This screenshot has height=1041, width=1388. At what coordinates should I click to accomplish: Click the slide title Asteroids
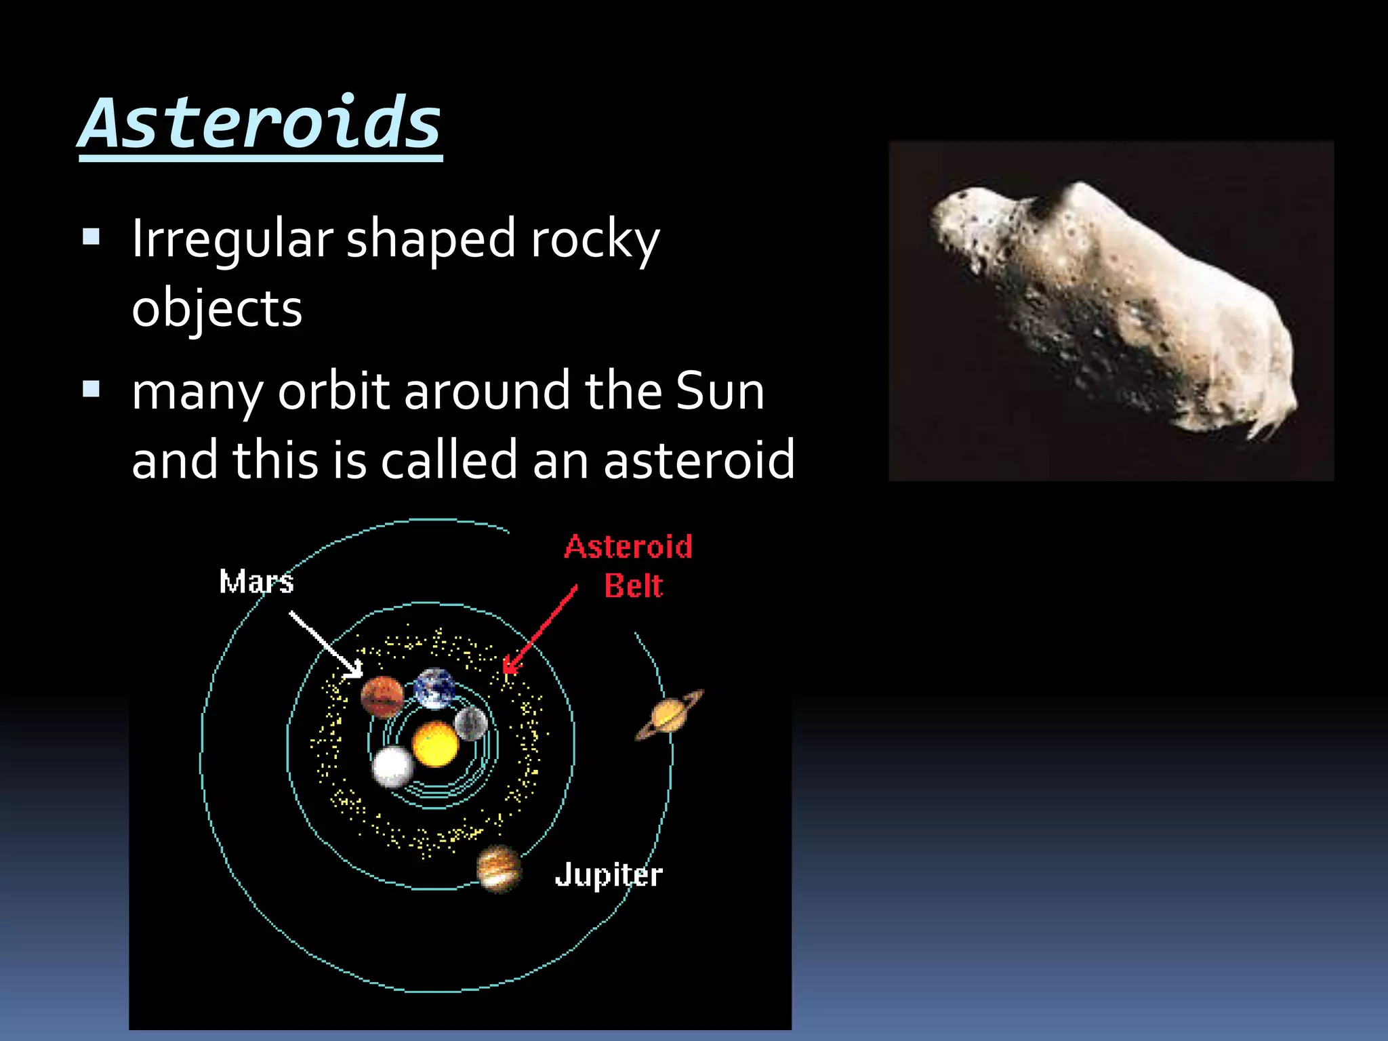coord(260,123)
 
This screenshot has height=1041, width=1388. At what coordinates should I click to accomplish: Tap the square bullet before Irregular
coord(91,237)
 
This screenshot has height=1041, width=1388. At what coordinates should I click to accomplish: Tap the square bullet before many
coord(91,389)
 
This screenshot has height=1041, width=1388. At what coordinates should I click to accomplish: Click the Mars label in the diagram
coord(256,582)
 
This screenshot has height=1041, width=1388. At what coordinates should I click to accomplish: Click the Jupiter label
coord(608,875)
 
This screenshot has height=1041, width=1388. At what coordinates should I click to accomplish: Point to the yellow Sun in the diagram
coord(435,744)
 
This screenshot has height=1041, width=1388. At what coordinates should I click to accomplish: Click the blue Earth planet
coord(434,687)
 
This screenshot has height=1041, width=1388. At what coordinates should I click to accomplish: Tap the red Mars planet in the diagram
coord(382,697)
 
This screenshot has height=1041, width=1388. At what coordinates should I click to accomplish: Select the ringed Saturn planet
coord(668,715)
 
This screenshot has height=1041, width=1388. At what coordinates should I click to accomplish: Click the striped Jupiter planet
coord(499,869)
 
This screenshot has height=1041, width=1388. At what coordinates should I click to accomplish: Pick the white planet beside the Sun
coord(392,767)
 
